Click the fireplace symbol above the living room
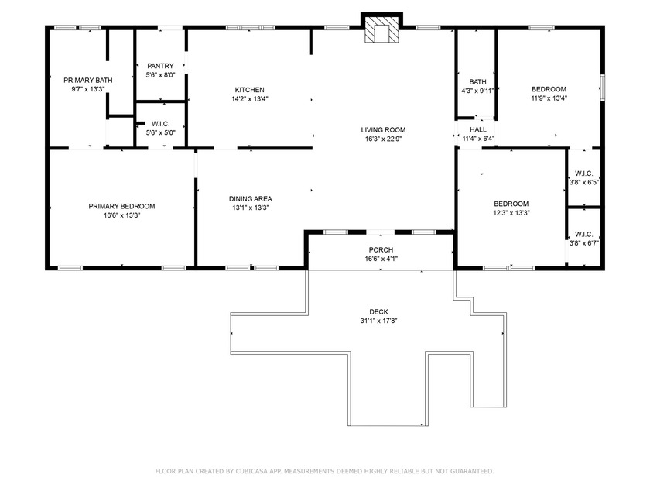[382, 31]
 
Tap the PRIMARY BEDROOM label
[121, 206]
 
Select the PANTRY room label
[160, 66]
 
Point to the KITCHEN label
[249, 90]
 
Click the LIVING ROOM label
[383, 129]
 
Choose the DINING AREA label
[250, 198]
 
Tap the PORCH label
[381, 249]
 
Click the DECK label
[378, 311]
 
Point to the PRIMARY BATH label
[87, 80]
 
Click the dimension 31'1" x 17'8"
[378, 321]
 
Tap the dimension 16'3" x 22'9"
[383, 139]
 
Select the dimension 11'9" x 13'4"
[549, 98]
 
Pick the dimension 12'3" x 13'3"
[511, 213]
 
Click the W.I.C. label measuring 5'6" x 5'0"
[160, 123]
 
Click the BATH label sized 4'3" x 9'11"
[477, 81]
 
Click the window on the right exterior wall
[602, 87]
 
